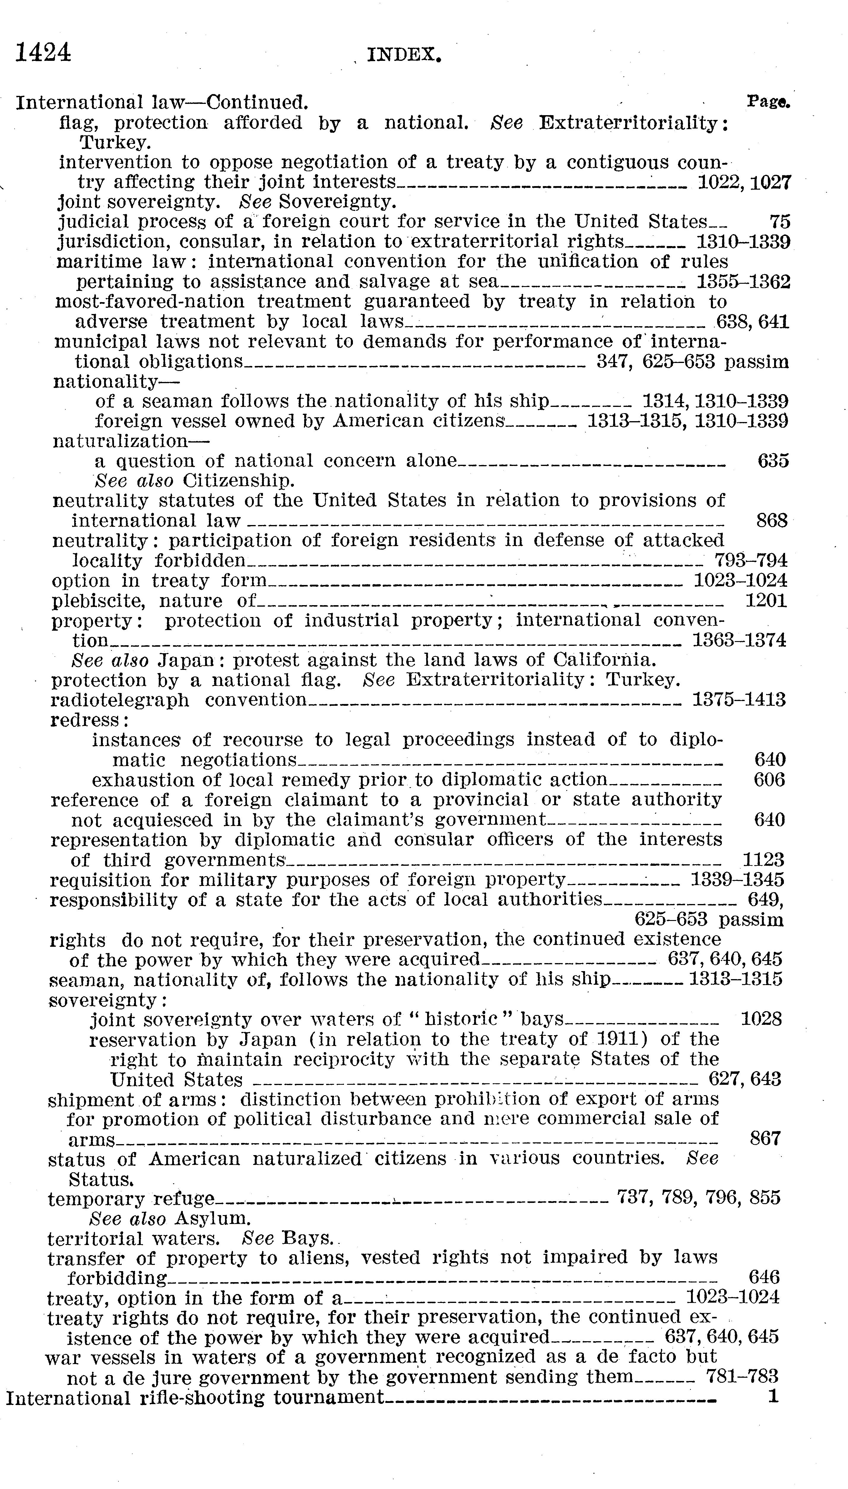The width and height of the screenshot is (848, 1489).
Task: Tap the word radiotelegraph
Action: point(120,700)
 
